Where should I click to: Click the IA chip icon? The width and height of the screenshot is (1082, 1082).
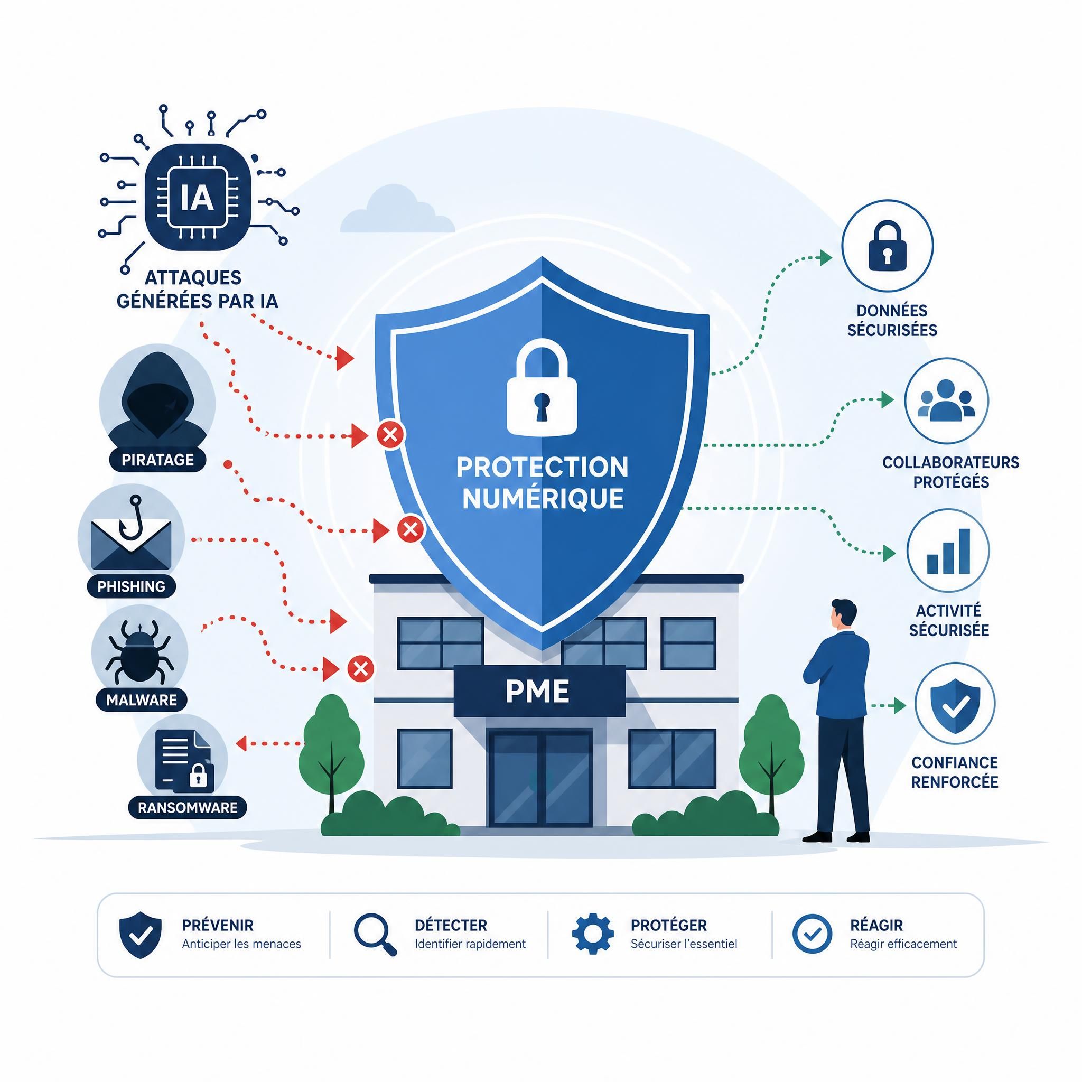click(x=197, y=197)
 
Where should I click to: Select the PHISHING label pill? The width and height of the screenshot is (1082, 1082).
click(x=132, y=586)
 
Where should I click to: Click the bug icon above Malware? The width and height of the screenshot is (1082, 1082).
click(x=139, y=651)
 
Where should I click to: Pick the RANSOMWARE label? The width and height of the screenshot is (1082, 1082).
click(x=188, y=807)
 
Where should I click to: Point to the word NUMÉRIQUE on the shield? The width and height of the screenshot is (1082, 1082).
click(x=543, y=498)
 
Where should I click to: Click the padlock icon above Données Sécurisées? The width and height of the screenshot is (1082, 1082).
click(x=888, y=246)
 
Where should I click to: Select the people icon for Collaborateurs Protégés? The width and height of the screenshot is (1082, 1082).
click(x=946, y=400)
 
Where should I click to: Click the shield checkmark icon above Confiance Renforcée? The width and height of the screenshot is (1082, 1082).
click(x=955, y=706)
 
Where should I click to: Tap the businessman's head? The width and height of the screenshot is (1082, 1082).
click(x=843, y=614)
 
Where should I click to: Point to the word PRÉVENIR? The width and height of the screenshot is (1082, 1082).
click(x=218, y=925)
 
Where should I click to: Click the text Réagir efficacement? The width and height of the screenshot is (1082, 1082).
click(x=903, y=944)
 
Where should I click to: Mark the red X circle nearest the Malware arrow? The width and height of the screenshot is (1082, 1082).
click(x=361, y=669)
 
